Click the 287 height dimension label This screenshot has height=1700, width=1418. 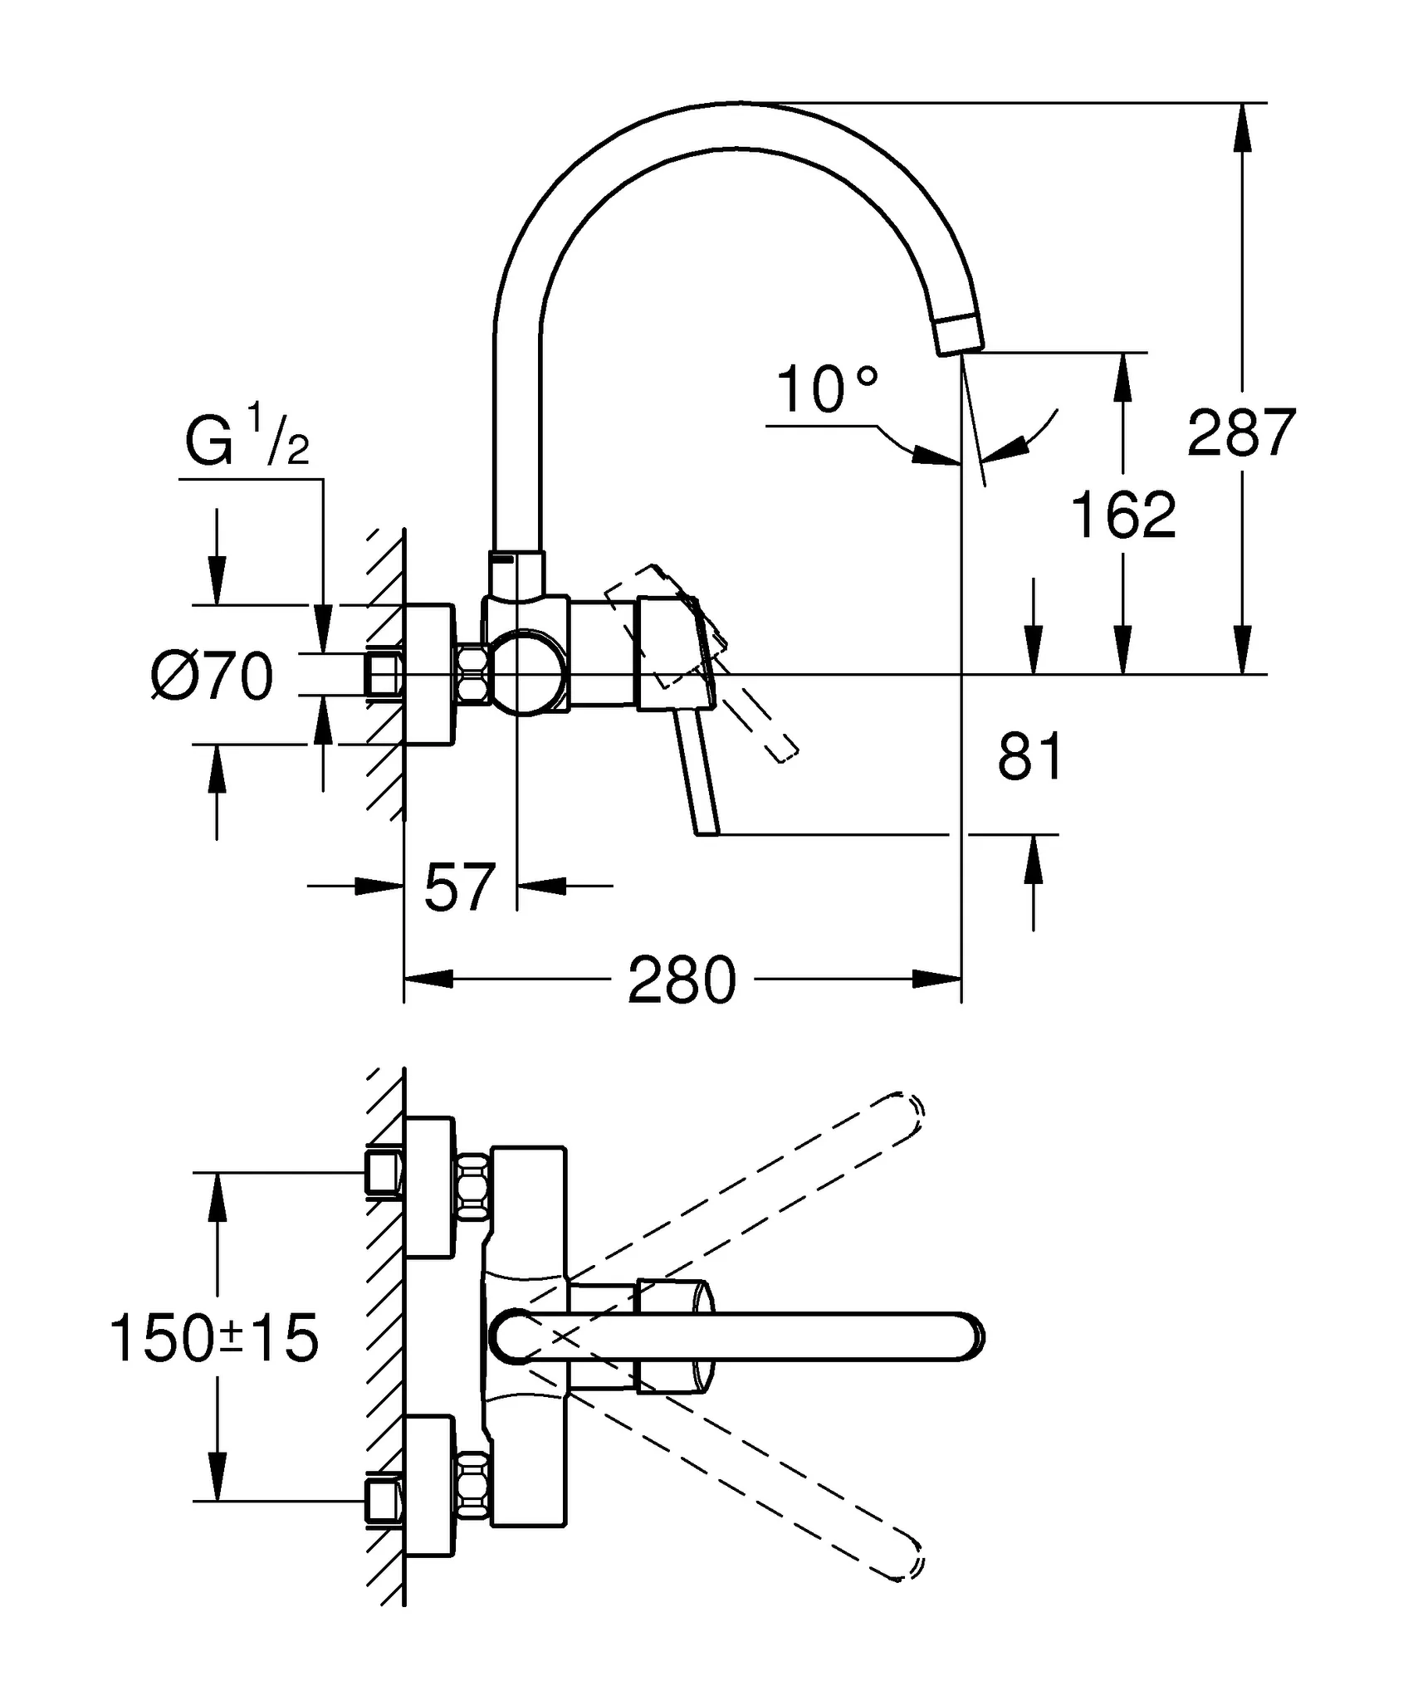[1241, 433]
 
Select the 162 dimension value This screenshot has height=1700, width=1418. [1123, 515]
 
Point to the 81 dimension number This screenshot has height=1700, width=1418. [1029, 757]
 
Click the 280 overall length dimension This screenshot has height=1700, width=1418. [682, 981]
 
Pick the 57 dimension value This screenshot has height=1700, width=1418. [459, 887]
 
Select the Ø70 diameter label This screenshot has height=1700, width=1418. [213, 677]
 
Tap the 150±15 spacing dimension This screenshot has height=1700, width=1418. [214, 1338]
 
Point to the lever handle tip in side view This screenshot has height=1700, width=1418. [707, 830]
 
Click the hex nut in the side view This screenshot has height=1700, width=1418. [472, 675]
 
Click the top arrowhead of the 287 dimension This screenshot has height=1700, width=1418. [1242, 126]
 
